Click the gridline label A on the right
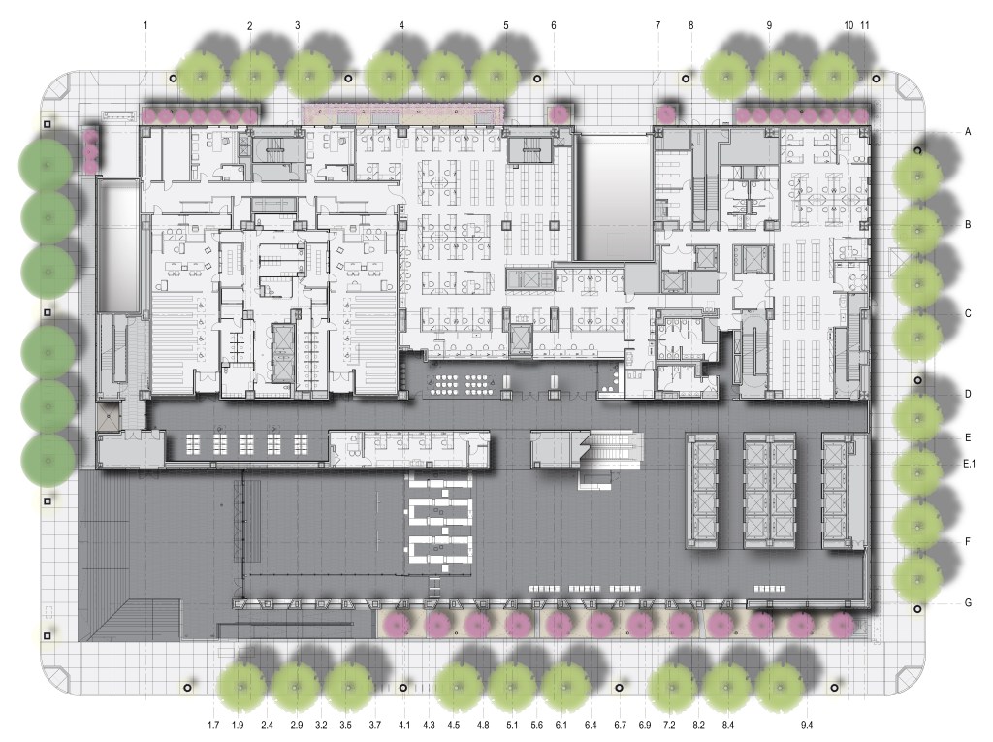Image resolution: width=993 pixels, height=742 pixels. pos(968,132)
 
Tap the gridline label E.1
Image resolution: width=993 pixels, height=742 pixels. pos(969,464)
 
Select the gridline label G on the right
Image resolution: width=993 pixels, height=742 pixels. pos(968,602)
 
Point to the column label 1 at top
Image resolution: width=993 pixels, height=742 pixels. pos(145,25)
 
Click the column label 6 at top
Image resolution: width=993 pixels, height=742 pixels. pos(554,25)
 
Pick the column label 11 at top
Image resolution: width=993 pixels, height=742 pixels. pos(865,25)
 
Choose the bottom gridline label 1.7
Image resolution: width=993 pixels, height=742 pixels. pos(213,725)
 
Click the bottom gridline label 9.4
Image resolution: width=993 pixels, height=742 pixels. pos(806,725)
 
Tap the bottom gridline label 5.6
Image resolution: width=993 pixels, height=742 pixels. pos(537,725)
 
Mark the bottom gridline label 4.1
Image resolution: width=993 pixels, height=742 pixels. pos(404,725)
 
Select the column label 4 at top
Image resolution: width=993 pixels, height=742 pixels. pos(401,25)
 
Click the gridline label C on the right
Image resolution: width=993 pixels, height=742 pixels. pos(968,313)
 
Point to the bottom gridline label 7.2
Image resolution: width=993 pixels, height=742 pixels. pos(669,725)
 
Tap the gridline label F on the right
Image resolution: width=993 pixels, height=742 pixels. pos(968,542)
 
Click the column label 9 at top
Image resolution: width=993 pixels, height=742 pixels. pos(769,25)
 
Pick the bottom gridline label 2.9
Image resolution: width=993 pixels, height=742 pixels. pos(296,725)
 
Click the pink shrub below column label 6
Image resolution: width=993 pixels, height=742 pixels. pos(558,114)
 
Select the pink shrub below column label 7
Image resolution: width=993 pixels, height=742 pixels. pos(666,114)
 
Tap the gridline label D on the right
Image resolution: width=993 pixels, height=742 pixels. pos(968,394)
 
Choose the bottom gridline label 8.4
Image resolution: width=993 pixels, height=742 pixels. pos(727,725)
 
